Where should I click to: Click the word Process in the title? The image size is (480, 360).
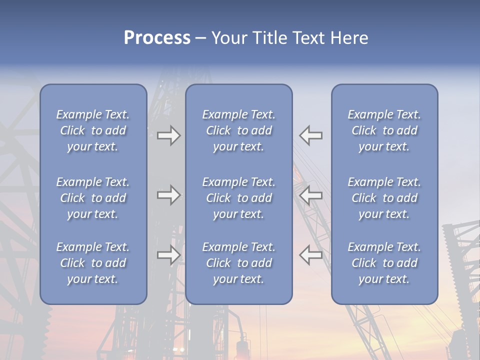click(x=157, y=38)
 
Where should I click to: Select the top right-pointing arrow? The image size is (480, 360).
click(x=169, y=135)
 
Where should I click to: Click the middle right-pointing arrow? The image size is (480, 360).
click(x=169, y=195)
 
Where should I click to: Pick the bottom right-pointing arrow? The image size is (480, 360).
click(x=169, y=255)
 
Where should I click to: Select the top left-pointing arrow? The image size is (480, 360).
click(x=311, y=135)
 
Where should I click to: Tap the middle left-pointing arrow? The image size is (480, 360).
click(x=311, y=195)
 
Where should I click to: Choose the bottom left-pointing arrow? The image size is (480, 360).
click(x=311, y=255)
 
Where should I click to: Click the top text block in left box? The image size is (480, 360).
click(x=93, y=130)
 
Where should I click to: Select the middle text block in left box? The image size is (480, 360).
click(x=93, y=198)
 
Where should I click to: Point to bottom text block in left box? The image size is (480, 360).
click(x=93, y=263)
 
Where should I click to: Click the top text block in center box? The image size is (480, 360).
click(x=238, y=130)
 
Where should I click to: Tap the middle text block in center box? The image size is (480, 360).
click(x=238, y=198)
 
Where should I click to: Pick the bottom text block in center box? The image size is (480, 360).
click(x=238, y=263)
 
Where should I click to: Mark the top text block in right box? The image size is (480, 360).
click(x=384, y=130)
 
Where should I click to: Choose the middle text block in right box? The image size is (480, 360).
click(x=384, y=198)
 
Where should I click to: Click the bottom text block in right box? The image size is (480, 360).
click(x=384, y=263)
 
